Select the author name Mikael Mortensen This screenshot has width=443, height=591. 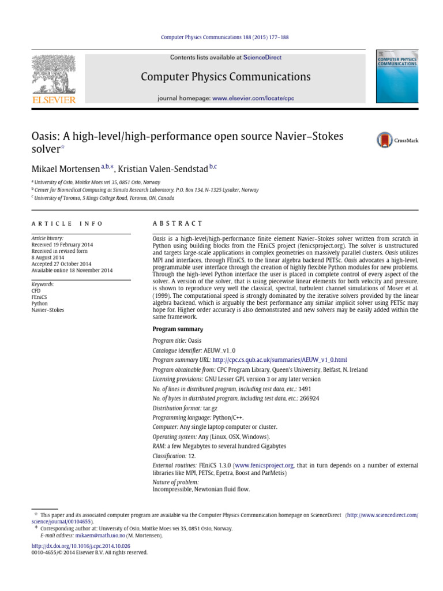pos(65,168)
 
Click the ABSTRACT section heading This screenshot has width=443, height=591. pos(178,223)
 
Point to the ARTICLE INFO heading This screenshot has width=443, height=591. pos(67,223)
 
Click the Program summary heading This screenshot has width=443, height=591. pos(177,329)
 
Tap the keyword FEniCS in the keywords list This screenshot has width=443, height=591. pos(40,297)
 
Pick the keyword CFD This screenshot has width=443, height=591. pos(36,291)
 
